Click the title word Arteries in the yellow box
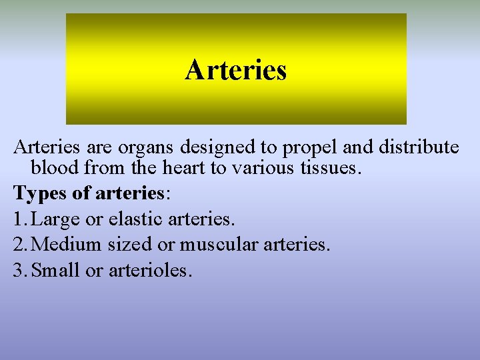(x=236, y=70)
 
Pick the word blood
(x=54, y=168)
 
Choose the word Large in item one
(x=53, y=219)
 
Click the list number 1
(x=18, y=219)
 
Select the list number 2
(x=19, y=245)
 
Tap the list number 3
(x=19, y=270)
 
